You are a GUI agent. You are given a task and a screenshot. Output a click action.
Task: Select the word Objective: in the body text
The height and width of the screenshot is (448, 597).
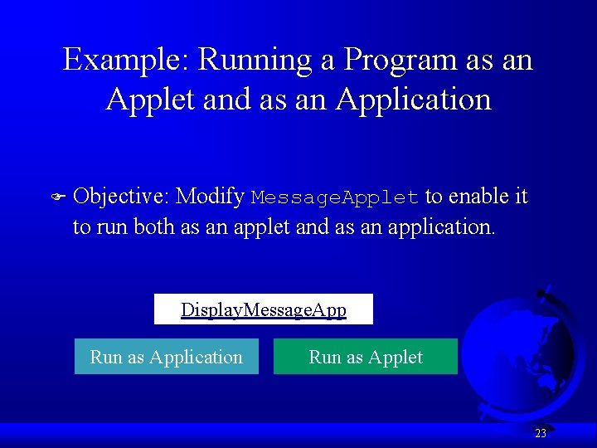121,197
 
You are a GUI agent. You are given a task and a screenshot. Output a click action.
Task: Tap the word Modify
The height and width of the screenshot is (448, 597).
211,197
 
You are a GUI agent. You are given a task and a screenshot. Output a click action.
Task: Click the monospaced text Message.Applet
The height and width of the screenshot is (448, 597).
335,198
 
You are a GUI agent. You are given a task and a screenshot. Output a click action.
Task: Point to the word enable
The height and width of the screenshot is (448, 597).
477,197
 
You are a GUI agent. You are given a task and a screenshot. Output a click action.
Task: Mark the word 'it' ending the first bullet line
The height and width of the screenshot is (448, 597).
521,197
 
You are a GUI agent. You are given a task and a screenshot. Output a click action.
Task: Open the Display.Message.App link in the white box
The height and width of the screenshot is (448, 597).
264,310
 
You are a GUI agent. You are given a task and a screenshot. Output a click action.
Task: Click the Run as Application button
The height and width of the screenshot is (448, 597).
166,358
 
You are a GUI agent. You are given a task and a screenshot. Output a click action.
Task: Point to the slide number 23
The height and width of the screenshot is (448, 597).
541,434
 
